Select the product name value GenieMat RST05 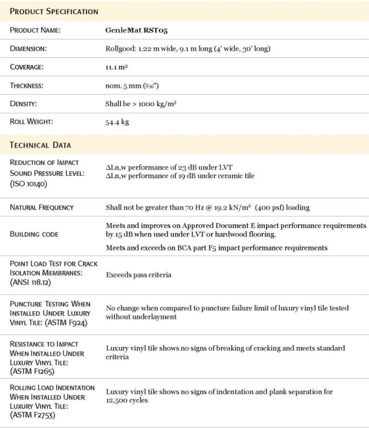click(134, 30)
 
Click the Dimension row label click(29, 49)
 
